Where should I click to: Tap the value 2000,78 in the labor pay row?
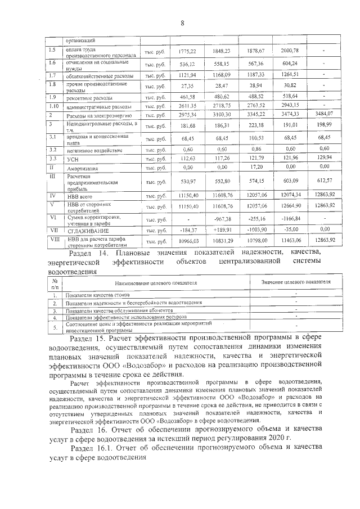point(287,51)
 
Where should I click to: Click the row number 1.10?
point(54,106)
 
